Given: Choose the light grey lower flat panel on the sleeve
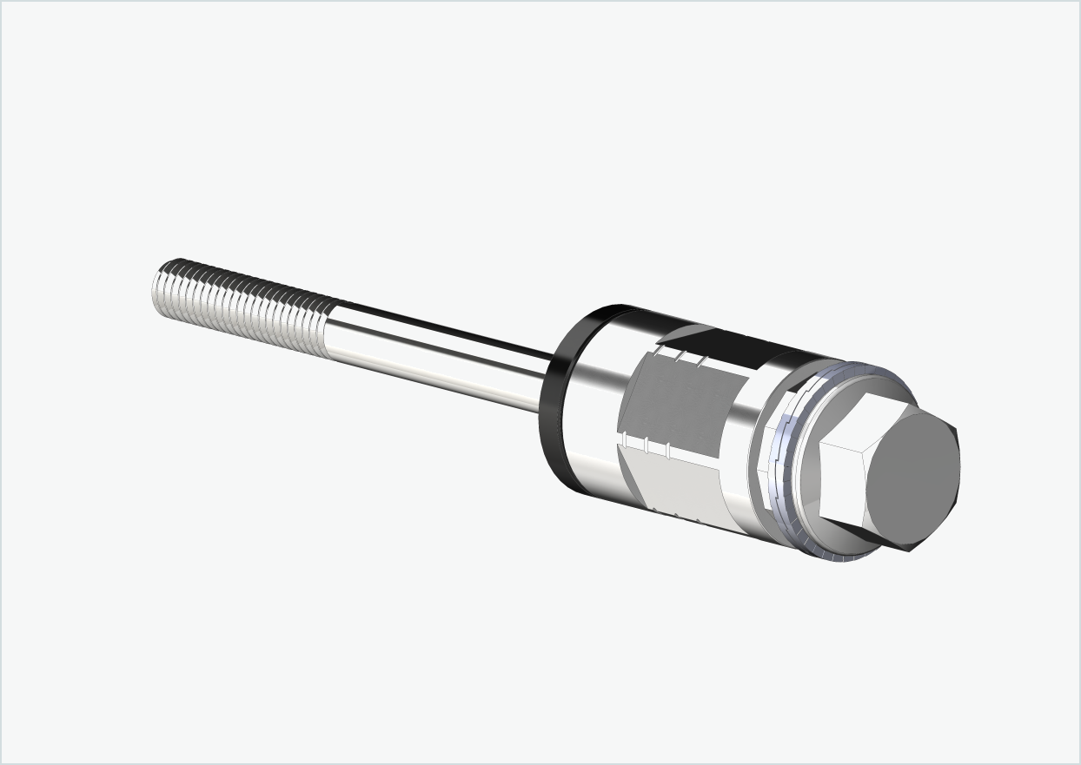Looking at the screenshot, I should pos(678,482).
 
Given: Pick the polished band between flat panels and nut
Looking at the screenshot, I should pos(739,434).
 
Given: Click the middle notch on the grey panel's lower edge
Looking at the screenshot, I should pos(646,445).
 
